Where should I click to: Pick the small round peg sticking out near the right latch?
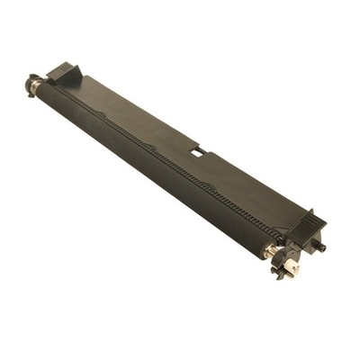(321, 245)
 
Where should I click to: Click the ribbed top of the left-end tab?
(65, 68)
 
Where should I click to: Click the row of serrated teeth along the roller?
(162, 162)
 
